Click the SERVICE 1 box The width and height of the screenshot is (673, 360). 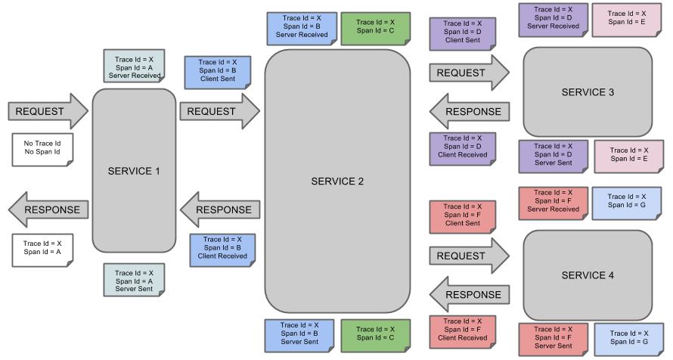click(134, 171)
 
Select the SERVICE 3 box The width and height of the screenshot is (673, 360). click(588, 92)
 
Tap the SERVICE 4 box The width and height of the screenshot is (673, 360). click(588, 275)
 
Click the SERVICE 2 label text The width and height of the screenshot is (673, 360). click(337, 182)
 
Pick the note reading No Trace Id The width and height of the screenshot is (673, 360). click(42, 147)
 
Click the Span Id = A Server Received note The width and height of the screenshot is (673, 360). click(134, 67)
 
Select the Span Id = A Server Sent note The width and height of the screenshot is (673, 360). click(134, 281)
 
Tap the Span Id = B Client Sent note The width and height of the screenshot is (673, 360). click(218, 70)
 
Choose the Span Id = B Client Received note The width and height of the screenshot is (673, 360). click(222, 247)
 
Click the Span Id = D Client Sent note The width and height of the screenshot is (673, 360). click(462, 33)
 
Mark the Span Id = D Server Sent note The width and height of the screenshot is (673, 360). click(553, 154)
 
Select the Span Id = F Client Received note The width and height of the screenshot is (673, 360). click(462, 330)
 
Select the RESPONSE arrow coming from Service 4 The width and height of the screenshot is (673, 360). click(470, 294)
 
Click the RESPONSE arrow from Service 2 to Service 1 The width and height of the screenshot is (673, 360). click(220, 210)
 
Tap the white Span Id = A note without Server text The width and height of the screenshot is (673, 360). click(42, 248)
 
